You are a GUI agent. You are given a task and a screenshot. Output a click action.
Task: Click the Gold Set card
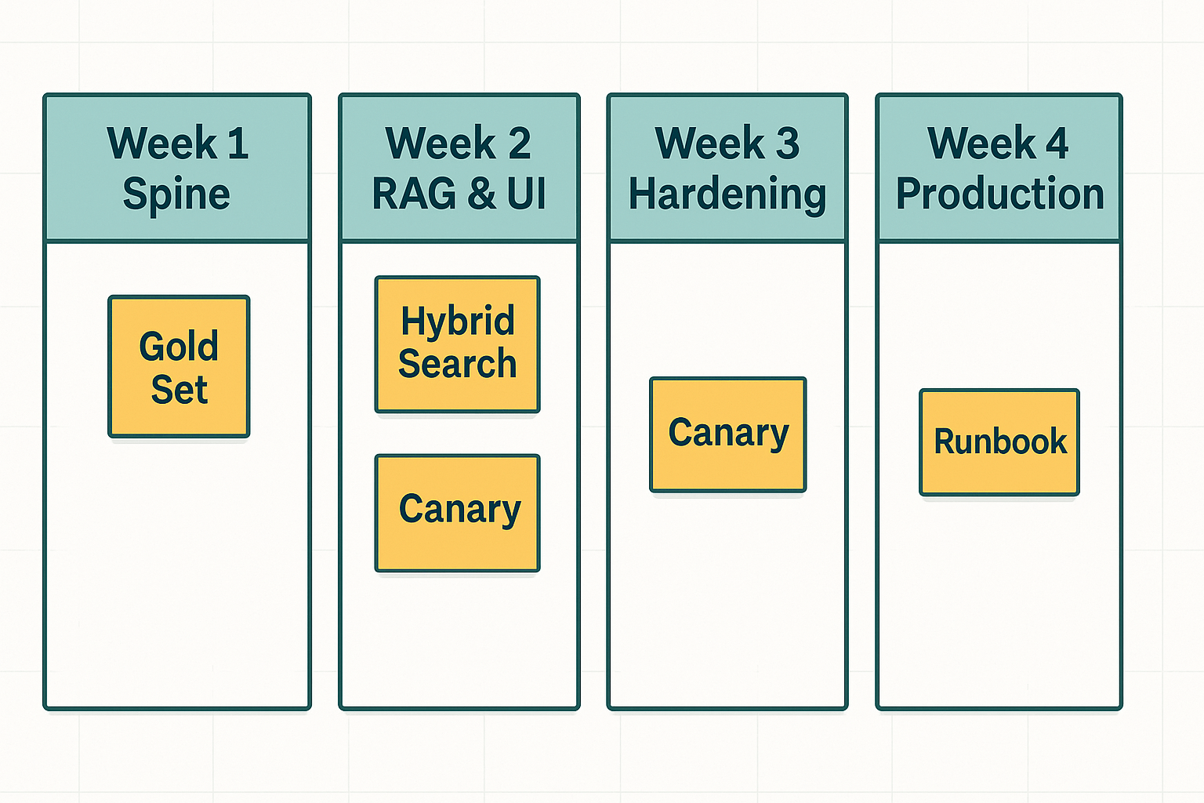point(179,366)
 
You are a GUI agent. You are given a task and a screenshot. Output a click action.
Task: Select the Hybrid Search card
point(458,343)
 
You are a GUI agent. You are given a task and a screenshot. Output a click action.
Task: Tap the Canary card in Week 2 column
point(458,513)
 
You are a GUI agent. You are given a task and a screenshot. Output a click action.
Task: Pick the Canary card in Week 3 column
point(727,434)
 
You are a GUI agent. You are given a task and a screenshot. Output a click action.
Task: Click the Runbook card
point(999,442)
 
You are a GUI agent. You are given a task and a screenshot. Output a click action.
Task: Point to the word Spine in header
point(176,194)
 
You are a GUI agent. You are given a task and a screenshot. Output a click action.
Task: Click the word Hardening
point(727,194)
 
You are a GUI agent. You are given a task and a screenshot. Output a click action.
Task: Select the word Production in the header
point(999,194)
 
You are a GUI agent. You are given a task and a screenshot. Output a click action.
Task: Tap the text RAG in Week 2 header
point(414,194)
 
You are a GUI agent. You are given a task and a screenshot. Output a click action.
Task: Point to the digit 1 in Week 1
point(238,144)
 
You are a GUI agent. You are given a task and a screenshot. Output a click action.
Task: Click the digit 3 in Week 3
point(787,144)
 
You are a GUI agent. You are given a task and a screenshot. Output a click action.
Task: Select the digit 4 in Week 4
point(1057,144)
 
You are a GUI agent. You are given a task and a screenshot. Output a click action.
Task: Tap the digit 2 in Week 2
point(519,144)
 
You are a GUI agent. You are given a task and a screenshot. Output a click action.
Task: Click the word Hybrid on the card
point(458,322)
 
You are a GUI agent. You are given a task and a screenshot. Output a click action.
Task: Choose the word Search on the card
point(458,364)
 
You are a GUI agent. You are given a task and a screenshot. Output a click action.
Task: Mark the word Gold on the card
point(179,346)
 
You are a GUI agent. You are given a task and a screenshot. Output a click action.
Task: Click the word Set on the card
point(180,390)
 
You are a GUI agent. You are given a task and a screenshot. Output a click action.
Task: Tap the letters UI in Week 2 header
point(526,194)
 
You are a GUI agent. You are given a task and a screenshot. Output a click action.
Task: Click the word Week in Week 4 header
point(981,144)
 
